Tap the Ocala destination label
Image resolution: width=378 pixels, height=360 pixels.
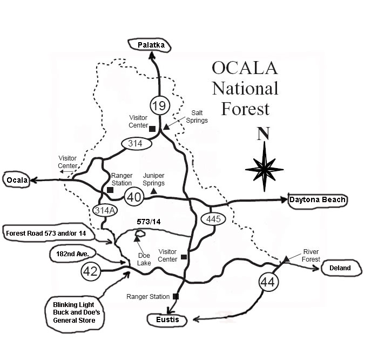(16, 180)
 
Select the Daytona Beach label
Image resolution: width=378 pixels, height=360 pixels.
(318, 200)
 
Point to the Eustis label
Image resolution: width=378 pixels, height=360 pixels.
(167, 320)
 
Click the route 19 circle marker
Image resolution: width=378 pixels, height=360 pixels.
(160, 105)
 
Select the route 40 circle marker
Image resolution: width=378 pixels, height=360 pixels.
(134, 197)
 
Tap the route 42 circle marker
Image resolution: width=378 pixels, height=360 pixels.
(91, 271)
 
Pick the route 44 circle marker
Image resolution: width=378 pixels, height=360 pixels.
(268, 282)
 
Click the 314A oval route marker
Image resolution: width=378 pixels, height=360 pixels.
(105, 211)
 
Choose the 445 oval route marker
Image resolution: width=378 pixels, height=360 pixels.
(213, 219)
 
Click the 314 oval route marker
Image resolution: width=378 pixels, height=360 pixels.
(137, 144)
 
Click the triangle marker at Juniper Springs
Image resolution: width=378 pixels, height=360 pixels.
(154, 191)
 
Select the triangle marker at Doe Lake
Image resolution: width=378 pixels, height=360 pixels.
(137, 238)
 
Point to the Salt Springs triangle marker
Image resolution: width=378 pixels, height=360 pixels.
(166, 127)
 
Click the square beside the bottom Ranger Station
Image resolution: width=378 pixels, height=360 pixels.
(176, 296)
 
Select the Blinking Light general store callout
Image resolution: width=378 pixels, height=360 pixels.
(75, 314)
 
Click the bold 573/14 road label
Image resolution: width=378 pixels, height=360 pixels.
(148, 222)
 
